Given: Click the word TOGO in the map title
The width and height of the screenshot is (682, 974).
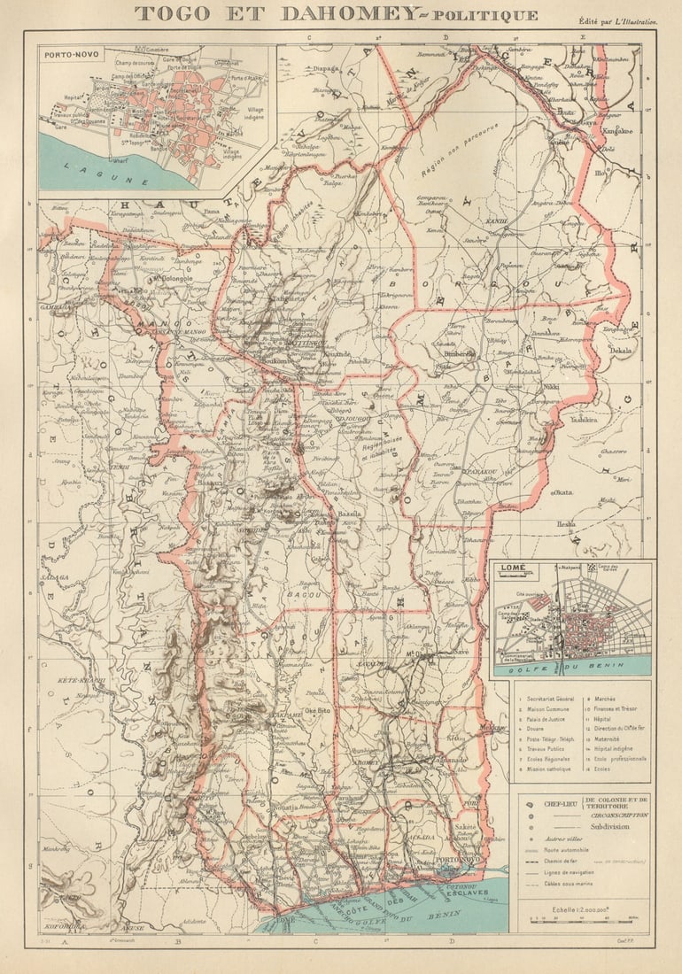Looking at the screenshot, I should click(172, 13).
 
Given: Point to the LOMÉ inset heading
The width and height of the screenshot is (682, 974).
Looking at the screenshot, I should click(512, 568).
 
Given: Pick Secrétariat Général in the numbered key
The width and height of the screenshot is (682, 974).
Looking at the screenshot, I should click(550, 699).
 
